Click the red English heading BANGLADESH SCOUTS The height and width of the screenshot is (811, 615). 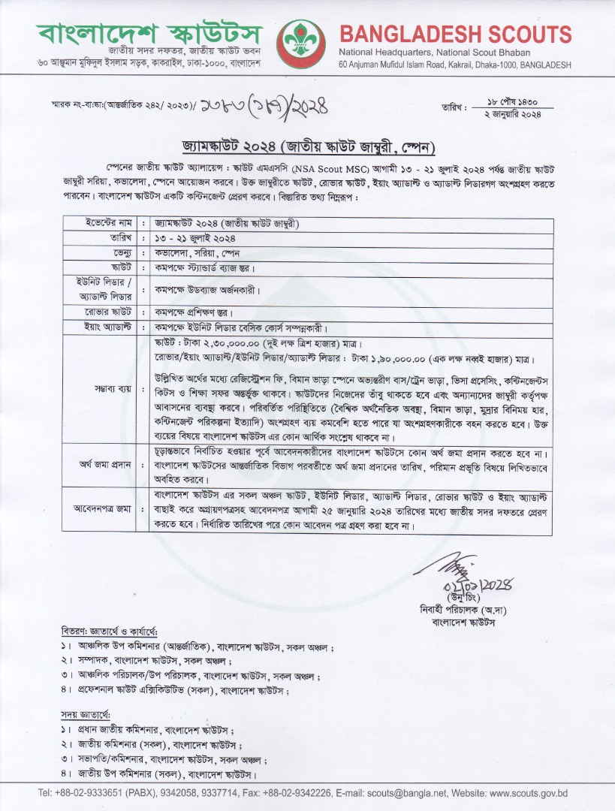(455, 35)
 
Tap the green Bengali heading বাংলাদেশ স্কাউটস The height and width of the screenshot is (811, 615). (150, 35)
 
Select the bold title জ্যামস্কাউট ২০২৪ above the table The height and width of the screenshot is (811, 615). (307, 144)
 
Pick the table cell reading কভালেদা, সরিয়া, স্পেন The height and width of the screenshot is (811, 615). (199, 252)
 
